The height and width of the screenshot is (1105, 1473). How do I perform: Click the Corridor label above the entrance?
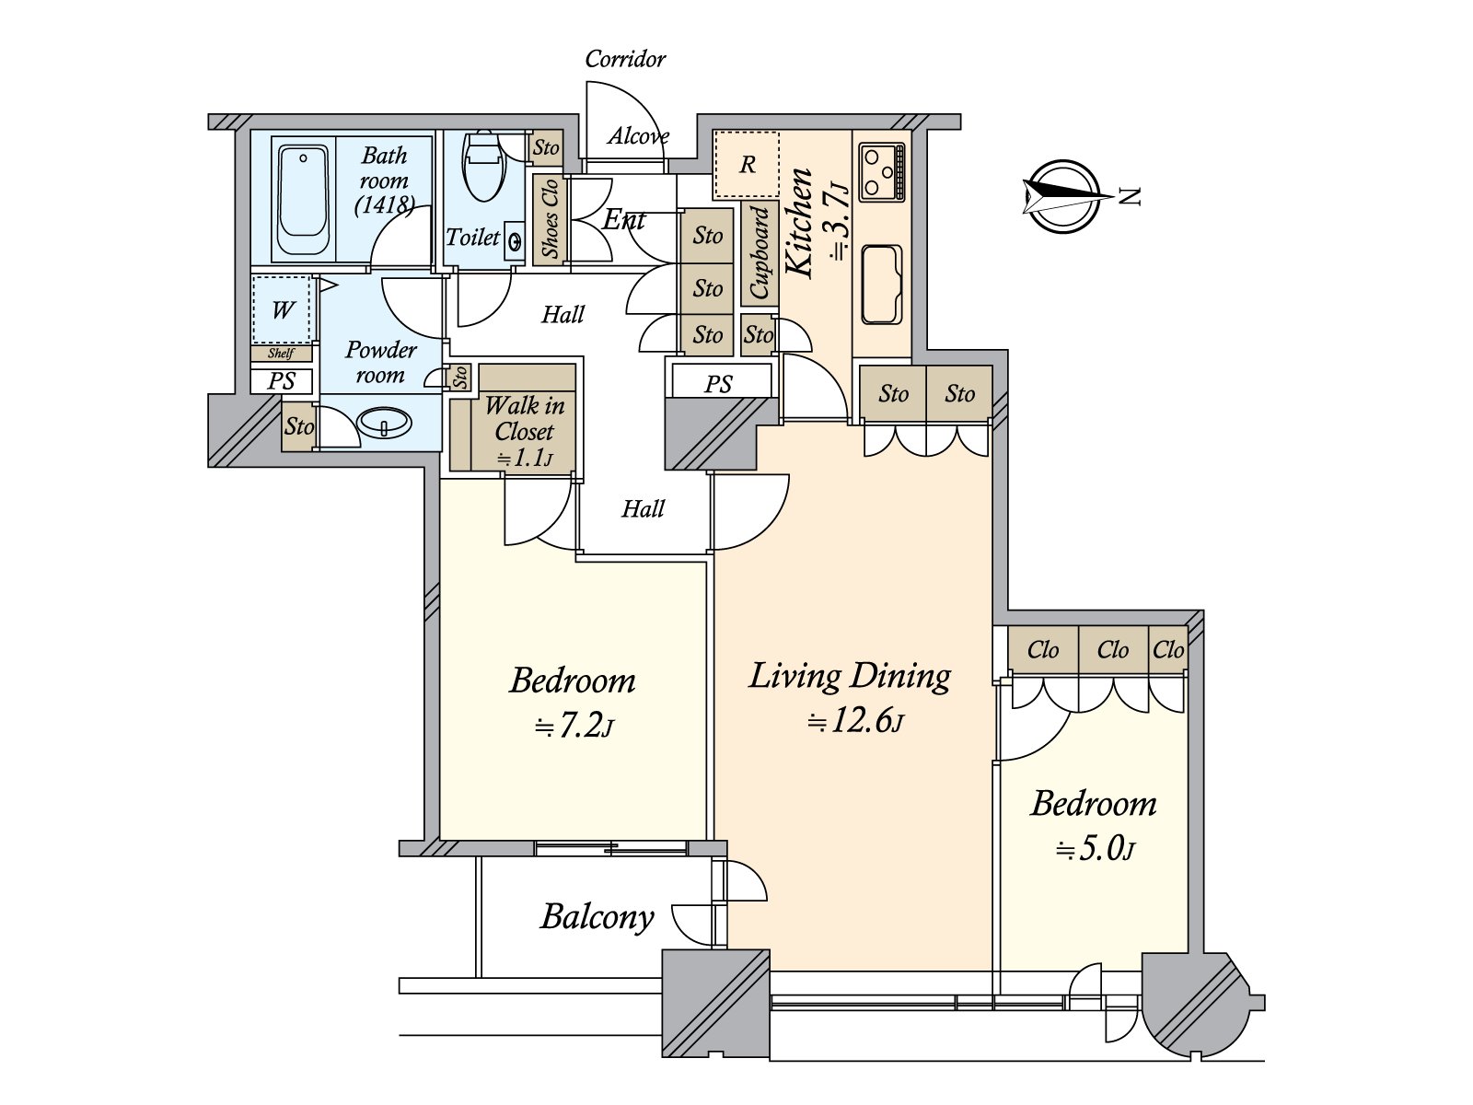[625, 59]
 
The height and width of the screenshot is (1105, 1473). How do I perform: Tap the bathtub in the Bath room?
[303, 201]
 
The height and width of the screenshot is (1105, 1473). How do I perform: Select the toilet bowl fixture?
[483, 166]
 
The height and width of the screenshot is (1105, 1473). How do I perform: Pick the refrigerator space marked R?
[747, 165]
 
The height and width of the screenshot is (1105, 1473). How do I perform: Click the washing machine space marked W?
[283, 310]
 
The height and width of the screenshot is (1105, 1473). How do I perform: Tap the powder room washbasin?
[385, 424]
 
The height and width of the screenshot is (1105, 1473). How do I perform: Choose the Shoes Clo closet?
[551, 219]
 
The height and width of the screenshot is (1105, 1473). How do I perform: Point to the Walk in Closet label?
[524, 419]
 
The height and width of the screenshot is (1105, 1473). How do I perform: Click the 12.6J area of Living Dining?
[856, 722]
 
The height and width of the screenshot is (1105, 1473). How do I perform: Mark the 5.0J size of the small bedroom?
[1095, 849]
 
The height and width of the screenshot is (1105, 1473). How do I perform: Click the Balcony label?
[597, 916]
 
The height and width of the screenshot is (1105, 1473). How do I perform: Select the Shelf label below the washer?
[281, 354]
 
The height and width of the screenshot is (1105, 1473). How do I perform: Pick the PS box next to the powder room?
[282, 381]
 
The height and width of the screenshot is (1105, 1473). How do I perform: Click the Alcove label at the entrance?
[638, 136]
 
